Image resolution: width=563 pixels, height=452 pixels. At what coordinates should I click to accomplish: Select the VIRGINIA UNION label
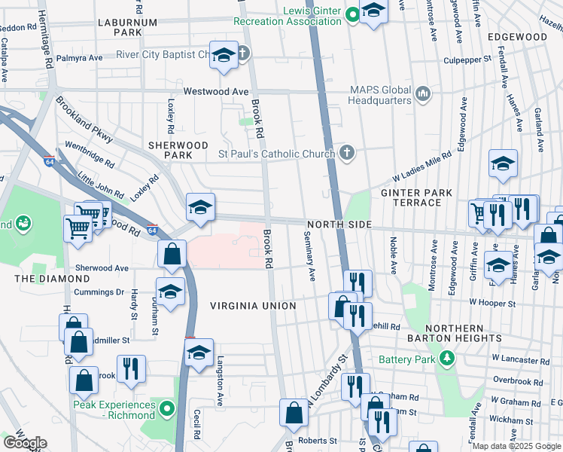point(252,306)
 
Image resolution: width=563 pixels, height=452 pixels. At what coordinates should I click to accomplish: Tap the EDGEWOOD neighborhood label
point(516,36)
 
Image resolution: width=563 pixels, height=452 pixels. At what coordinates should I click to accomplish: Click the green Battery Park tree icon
point(447,357)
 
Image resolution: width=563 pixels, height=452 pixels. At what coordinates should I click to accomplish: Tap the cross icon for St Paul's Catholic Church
point(346,153)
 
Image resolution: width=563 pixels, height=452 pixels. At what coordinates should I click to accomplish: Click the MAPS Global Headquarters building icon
point(423,94)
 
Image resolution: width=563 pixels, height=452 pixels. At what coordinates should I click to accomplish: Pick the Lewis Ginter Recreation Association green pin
point(351,14)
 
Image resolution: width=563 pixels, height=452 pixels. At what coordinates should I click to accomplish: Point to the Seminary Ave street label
point(309,257)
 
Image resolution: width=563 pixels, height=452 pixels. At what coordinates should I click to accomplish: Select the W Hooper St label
point(489,304)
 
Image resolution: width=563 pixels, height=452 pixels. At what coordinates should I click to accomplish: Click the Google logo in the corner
point(24,443)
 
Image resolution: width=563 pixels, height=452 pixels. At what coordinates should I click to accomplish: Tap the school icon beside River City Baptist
point(224,56)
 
